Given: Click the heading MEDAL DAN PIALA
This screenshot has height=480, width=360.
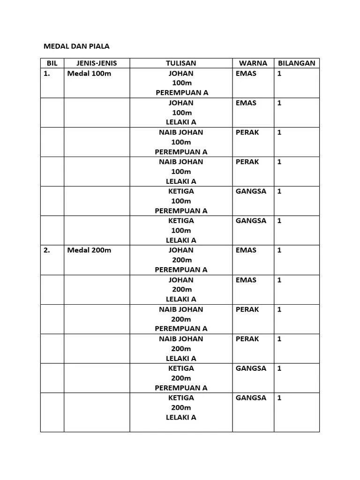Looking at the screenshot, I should point(76,46).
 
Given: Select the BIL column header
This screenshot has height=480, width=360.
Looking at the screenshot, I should point(52,63).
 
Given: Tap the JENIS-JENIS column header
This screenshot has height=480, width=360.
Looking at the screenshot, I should point(97,63).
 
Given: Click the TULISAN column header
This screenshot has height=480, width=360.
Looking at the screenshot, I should point(181,63).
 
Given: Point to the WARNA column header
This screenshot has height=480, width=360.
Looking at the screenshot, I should point(253,63).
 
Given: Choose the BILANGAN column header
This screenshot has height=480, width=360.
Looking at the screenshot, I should point(297,63).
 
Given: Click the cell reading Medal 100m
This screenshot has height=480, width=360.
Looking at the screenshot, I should point(89,74).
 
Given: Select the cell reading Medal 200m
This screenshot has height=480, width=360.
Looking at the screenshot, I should point(89,250).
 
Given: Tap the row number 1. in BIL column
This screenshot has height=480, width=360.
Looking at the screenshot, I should point(47,74).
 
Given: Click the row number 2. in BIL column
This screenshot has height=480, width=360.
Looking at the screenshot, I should point(47,250).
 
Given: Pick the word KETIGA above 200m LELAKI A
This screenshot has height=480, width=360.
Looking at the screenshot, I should point(181,397).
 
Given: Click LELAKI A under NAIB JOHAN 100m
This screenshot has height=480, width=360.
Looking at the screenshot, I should point(181,181).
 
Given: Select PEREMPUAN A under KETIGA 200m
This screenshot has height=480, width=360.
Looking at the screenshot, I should point(181,388).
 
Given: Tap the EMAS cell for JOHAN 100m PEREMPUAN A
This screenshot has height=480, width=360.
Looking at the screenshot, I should point(246,74).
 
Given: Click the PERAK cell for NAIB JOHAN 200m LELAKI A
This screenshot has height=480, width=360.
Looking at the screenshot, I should point(247,338).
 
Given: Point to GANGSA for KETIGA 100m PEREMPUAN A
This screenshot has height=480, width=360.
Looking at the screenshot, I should point(251,191).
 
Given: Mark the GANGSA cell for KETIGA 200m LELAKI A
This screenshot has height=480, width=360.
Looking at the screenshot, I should point(251,397).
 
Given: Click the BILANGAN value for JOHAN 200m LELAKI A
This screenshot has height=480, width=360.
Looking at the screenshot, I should point(279,280).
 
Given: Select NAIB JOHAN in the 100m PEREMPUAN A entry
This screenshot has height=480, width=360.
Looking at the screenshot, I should point(181,132).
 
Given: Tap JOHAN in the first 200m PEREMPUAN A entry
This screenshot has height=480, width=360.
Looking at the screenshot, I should point(181,250).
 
